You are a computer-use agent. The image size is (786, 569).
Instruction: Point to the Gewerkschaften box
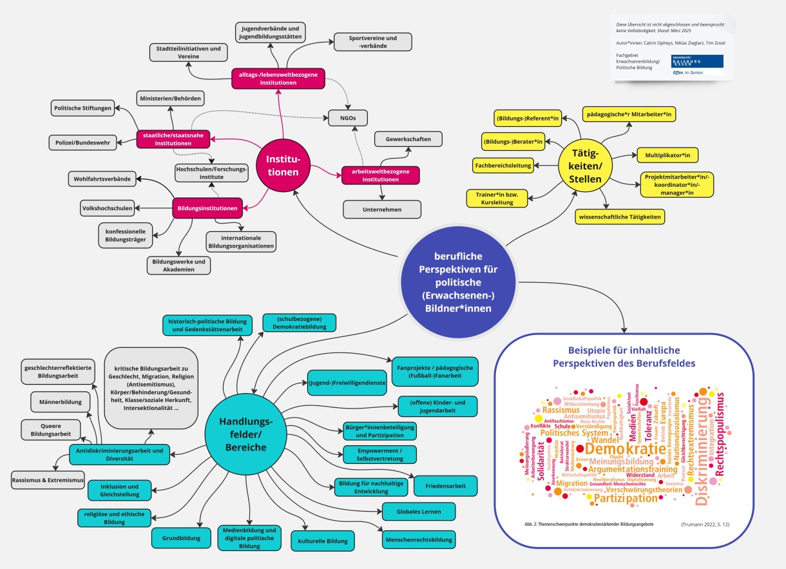point(408,139)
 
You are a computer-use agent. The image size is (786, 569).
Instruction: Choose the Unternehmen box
point(382,209)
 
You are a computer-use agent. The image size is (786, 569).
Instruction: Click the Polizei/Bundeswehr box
point(83,142)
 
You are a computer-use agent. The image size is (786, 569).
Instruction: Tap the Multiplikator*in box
point(667,155)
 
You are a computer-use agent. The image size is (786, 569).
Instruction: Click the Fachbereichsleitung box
point(503,166)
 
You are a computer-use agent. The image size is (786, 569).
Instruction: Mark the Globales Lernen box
point(419,511)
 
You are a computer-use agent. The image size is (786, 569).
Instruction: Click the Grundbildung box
point(181,537)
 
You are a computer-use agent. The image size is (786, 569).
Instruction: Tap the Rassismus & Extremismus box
point(48,481)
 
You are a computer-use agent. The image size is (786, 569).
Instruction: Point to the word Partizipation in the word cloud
point(626,498)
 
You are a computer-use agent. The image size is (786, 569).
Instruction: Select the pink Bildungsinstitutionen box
point(207,208)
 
